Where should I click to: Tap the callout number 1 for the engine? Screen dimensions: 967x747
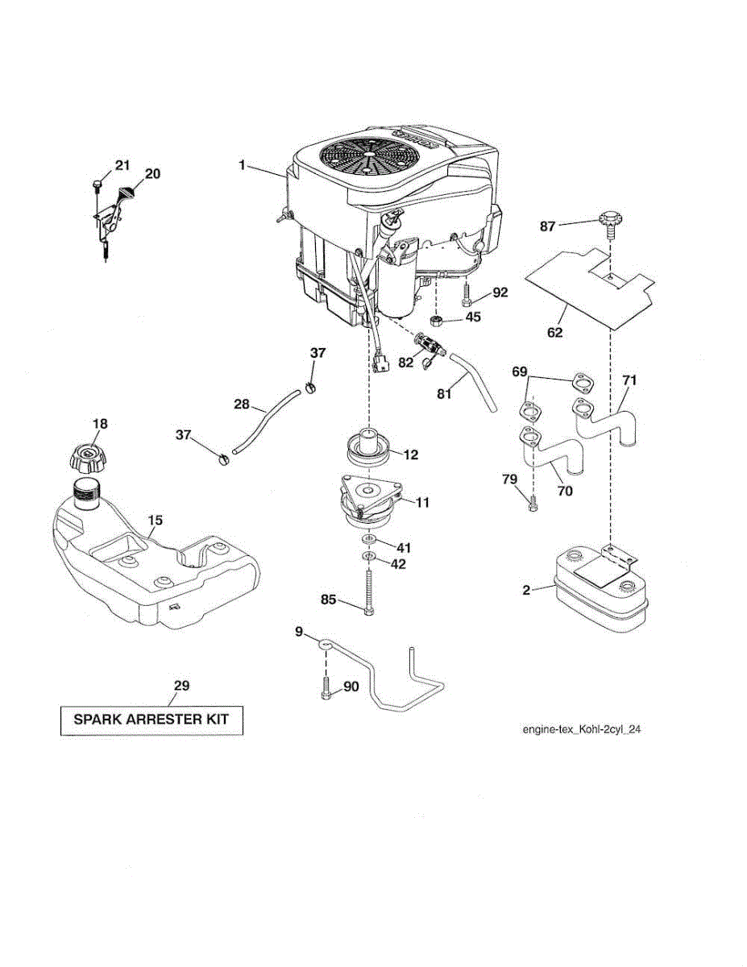coord(242,164)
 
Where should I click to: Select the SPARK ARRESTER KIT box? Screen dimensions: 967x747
coord(151,719)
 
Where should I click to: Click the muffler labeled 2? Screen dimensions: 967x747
coord(598,593)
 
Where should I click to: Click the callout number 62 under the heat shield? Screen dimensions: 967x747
coord(554,331)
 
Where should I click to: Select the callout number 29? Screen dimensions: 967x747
coord(181,686)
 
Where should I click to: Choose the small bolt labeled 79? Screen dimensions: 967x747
coord(533,504)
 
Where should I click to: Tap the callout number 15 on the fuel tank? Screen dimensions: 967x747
coord(156,520)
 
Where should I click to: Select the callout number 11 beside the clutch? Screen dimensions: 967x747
coord(421,502)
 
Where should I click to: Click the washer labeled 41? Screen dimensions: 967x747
coord(367,537)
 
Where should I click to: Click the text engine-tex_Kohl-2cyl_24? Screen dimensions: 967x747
coord(581,729)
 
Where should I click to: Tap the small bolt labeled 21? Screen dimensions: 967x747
coord(97,185)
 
